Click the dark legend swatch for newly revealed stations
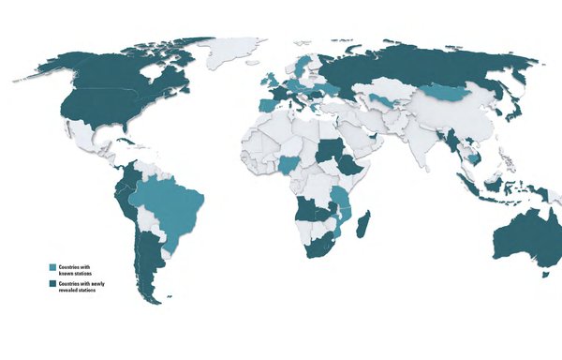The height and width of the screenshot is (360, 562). click(54, 284)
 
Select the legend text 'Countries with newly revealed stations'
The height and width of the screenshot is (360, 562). click(81, 285)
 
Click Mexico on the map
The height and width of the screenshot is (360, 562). click(89, 140)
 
